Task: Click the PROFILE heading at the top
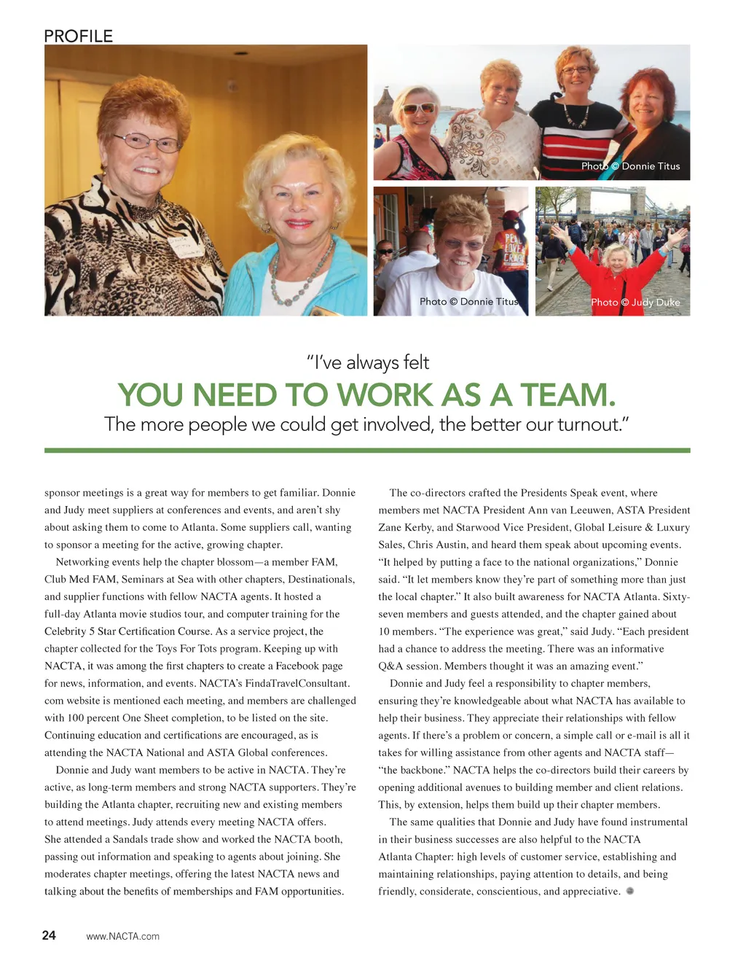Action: pyautogui.click(x=78, y=36)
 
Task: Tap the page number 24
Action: pyautogui.click(x=49, y=935)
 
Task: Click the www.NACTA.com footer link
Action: pyautogui.click(x=122, y=936)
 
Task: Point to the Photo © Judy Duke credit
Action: pyautogui.click(x=635, y=302)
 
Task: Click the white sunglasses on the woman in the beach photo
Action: pyautogui.click(x=417, y=109)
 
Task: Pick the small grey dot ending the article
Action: pyautogui.click(x=630, y=891)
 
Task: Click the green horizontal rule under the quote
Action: pyautogui.click(x=367, y=451)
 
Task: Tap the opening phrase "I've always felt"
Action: pyautogui.click(x=368, y=362)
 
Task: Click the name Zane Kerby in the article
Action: pyautogui.click(x=406, y=527)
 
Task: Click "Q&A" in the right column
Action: pyautogui.click(x=390, y=666)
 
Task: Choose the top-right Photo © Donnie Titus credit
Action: pyautogui.click(x=630, y=166)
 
